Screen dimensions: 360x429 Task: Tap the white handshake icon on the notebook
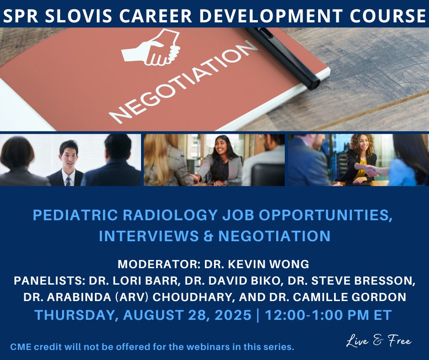click(x=151, y=48)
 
